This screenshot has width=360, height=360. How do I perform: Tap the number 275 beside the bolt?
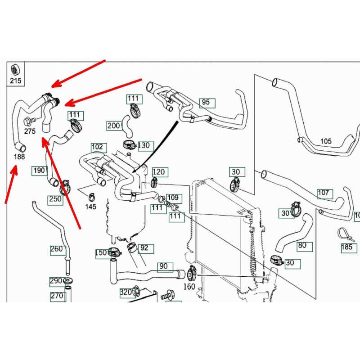click(30, 131)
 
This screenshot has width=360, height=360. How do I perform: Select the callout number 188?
click(19, 157)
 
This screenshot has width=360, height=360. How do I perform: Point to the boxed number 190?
click(39, 170)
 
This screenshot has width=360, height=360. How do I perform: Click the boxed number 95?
click(206, 103)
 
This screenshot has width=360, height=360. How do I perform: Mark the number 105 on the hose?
click(325, 141)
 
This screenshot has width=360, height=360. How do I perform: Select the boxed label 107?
click(323, 193)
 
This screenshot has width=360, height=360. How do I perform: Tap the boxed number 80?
click(302, 246)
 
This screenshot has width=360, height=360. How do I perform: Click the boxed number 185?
click(346, 247)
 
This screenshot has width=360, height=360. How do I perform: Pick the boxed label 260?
click(56, 249)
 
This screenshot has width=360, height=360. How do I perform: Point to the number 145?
click(90, 207)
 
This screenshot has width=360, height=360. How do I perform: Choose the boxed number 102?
click(97, 147)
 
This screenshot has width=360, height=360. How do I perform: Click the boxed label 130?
click(144, 146)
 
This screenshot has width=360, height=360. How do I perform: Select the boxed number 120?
click(159, 172)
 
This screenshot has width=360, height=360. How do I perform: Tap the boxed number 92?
click(144, 248)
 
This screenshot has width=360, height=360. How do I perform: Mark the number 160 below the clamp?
click(190, 286)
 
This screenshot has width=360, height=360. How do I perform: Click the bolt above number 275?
click(27, 121)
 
